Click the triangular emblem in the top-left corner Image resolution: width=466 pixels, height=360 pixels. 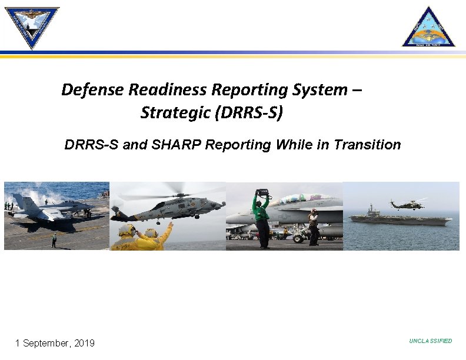point(32,26)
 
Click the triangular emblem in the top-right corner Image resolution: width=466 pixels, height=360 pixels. point(428,27)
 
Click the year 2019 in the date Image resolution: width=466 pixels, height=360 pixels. point(83,343)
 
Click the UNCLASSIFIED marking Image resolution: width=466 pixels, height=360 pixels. point(431,341)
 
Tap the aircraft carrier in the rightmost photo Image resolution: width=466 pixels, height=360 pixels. point(400,218)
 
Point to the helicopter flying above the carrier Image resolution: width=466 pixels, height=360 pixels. point(407,204)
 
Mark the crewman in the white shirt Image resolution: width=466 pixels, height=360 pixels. point(314,226)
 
